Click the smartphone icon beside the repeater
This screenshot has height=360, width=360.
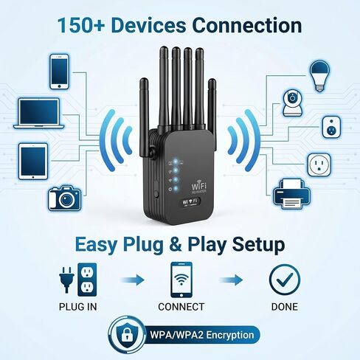coord(59,72)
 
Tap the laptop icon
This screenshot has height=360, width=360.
coord(39,113)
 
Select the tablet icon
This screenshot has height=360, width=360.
coord(33,162)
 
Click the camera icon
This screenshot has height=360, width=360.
coord(65,198)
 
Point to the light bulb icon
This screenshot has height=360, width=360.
coord(319,76)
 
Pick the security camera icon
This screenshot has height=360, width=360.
coord(292,103)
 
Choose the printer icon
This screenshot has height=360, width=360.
coord(292,194)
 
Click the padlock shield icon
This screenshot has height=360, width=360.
coord(127,335)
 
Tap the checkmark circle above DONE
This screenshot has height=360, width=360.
coord(285,280)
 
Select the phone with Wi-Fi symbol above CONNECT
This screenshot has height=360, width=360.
coord(181,280)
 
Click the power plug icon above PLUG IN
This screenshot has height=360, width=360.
coord(66,280)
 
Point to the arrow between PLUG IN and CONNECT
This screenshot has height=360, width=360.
coord(133,280)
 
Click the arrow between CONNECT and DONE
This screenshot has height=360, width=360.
coord(231,280)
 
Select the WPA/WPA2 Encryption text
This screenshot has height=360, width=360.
coord(202,335)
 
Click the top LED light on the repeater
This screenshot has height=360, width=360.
coord(176,162)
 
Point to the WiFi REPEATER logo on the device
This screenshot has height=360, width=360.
coord(199,187)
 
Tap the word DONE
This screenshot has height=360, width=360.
coord(285,307)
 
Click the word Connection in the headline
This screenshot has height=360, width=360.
coord(247,25)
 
